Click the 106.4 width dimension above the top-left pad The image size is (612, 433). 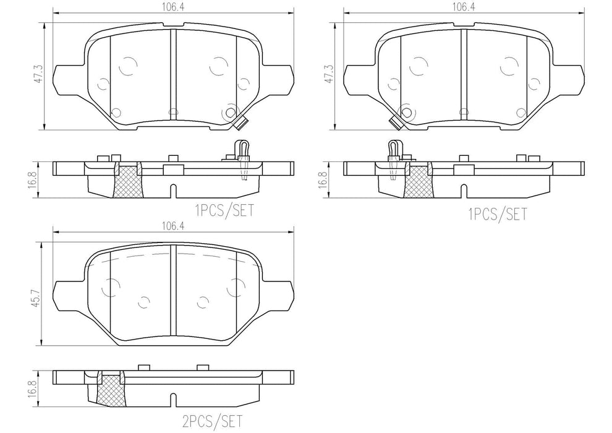pos(172,7)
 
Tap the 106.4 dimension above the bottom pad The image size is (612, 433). pos(172,226)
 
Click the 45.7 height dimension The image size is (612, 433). pos(38,291)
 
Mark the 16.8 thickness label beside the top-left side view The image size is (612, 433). pos(38,179)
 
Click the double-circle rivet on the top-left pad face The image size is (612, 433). pos(231,112)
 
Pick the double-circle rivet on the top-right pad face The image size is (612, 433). pos(405,112)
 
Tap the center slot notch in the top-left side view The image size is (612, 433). pos(173,189)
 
